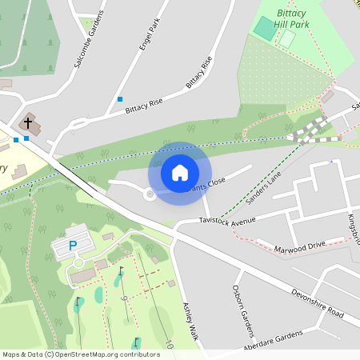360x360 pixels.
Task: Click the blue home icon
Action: (180, 172)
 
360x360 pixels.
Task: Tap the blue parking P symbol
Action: (72, 246)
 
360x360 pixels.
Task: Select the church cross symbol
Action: (29, 123)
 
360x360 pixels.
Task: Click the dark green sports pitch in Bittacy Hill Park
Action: (263, 27)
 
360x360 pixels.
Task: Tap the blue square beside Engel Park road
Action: (120, 99)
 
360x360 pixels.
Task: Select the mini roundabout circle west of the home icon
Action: (150, 194)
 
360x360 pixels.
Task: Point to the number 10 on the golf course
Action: (169, 346)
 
